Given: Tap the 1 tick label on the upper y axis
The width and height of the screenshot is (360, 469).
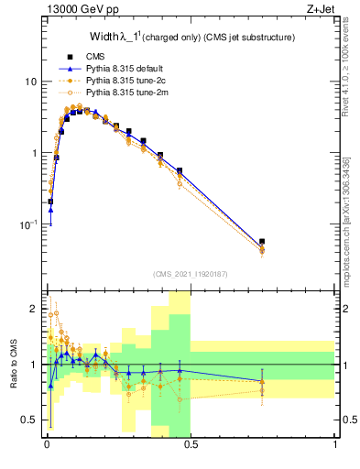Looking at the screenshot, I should pos(33,153).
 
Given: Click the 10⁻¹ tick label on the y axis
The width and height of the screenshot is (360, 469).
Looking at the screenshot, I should pos(28,224).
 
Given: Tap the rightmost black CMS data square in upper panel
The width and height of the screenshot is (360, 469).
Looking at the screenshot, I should pos(262,242).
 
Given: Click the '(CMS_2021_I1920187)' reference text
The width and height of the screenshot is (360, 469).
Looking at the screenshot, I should pos(190,274).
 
